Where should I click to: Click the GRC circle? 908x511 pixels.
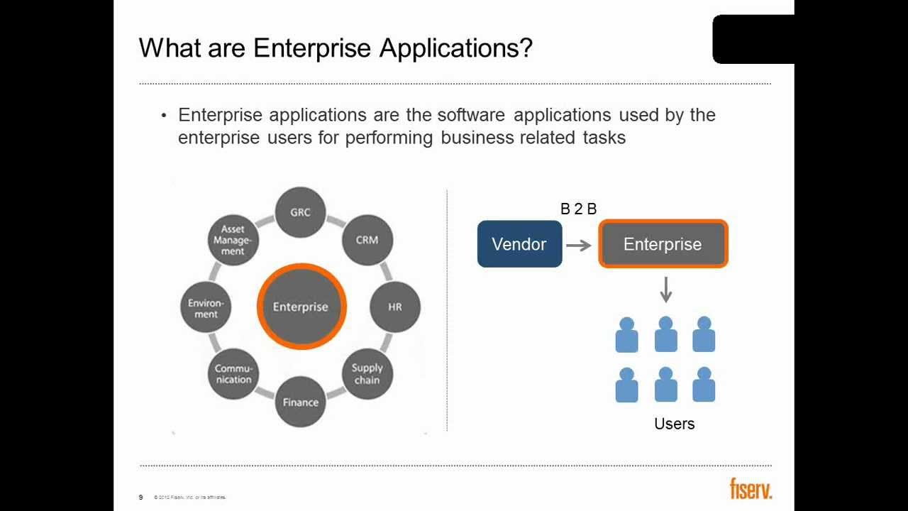point(300,212)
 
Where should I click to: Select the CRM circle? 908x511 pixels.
point(367,240)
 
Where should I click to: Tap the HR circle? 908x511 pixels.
point(395,307)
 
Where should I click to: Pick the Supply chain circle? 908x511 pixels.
point(367,373)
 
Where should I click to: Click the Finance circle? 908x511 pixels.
point(301,402)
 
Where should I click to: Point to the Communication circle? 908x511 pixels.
point(233,373)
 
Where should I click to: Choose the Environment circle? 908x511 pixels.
point(206,308)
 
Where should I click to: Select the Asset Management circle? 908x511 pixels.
point(233,241)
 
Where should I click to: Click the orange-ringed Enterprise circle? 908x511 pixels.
point(301,307)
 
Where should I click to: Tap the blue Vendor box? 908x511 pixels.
point(519,244)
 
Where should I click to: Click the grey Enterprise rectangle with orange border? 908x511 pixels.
point(663,244)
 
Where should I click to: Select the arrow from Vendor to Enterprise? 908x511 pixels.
point(579,246)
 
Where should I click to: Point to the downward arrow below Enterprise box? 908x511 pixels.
point(665,289)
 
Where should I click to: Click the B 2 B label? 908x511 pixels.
point(578,209)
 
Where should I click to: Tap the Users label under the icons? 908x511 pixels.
point(674,424)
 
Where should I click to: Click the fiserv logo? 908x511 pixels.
point(751,489)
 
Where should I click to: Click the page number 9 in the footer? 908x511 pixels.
point(141,497)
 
